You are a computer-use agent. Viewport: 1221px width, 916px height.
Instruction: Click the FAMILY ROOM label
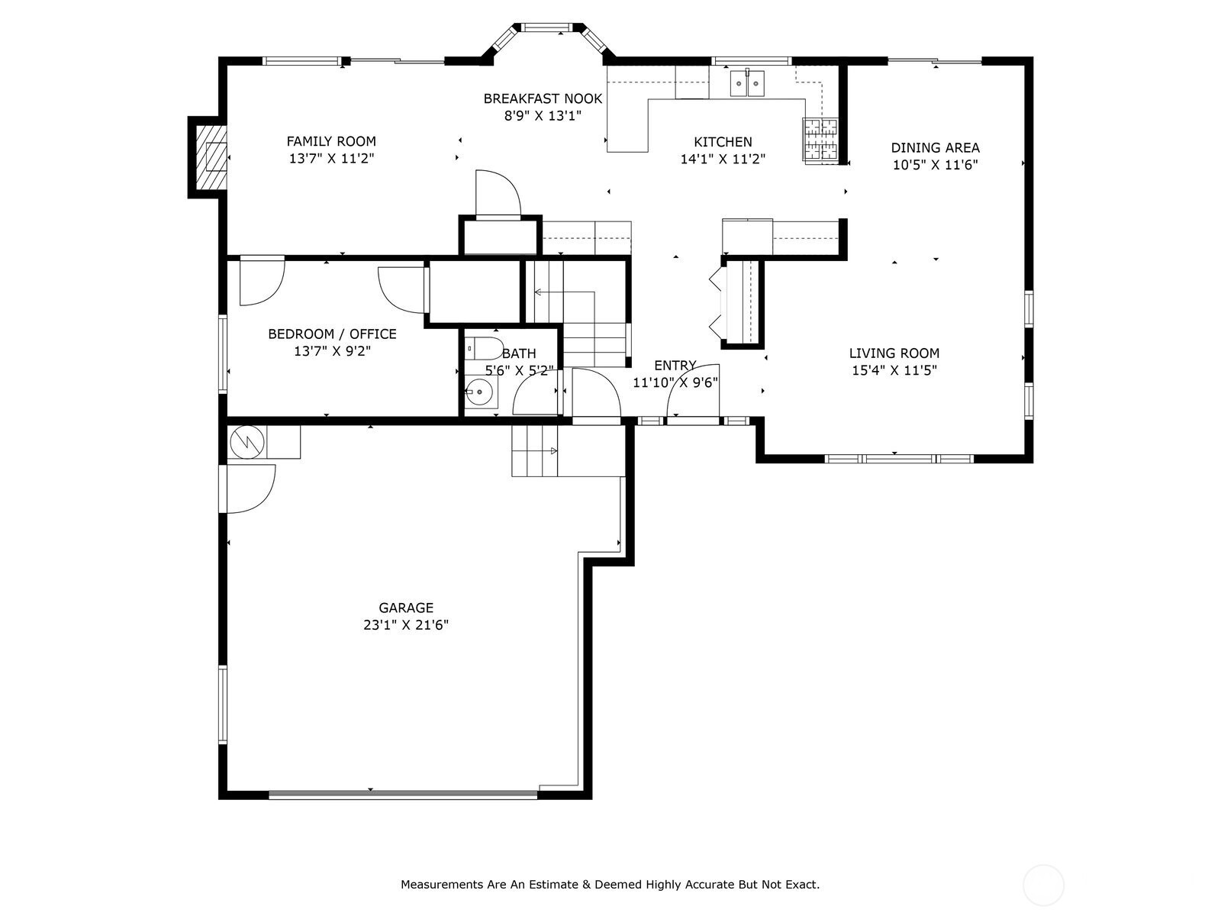(x=331, y=141)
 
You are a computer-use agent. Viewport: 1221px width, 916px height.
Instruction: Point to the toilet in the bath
(x=484, y=349)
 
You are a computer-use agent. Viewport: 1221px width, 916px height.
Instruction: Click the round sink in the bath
(x=479, y=392)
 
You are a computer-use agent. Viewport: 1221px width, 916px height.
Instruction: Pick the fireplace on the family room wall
(x=211, y=156)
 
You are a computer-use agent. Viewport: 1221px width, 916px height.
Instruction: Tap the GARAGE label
(x=405, y=608)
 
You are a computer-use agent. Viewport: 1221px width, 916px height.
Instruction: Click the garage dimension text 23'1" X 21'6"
(x=405, y=625)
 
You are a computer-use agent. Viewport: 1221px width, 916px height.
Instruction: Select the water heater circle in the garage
(x=246, y=442)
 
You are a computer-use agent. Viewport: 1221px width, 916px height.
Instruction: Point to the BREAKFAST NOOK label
(x=543, y=98)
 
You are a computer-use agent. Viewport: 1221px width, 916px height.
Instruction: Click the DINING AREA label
(x=935, y=148)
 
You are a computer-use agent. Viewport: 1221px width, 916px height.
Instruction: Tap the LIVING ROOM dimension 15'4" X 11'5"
(x=894, y=370)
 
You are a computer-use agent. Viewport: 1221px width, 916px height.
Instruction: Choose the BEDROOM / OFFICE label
(x=332, y=334)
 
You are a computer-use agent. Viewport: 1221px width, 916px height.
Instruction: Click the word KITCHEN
(x=723, y=142)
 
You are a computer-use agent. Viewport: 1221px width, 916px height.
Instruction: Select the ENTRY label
(x=675, y=366)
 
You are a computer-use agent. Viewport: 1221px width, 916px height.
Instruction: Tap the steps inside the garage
(x=535, y=451)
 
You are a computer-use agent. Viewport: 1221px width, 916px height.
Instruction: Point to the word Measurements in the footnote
(x=434, y=884)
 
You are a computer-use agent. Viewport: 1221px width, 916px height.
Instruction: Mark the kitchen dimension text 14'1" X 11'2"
(x=723, y=159)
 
